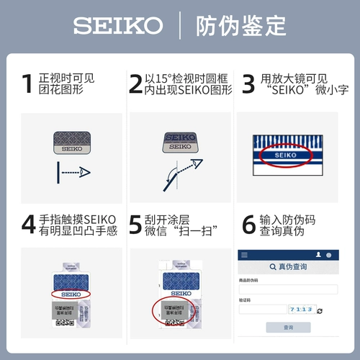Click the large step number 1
[27, 84]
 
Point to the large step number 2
[135, 84]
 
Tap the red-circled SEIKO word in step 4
[71, 294]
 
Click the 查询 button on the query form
[288, 327]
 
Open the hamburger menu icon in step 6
[244, 255]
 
